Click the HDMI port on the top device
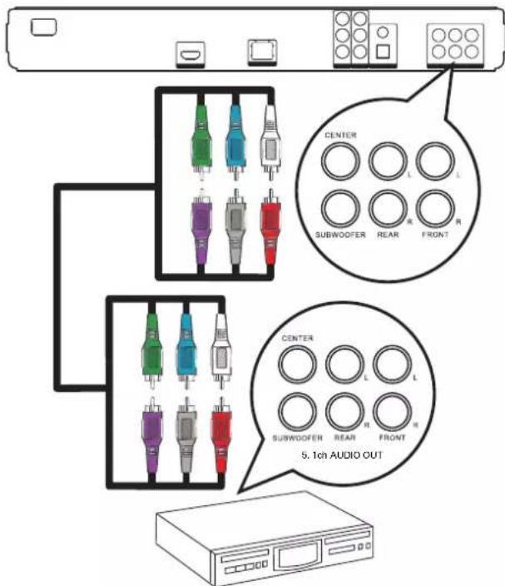(191, 55)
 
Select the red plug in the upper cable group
(270, 227)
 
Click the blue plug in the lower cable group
(186, 350)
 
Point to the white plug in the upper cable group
(270, 142)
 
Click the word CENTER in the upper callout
(340, 135)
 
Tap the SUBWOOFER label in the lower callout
(297, 438)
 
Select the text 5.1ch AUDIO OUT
(342, 455)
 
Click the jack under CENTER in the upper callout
(340, 161)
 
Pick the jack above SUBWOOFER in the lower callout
(298, 411)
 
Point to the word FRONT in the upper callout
(435, 235)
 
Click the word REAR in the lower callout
(344, 438)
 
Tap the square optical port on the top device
(383, 52)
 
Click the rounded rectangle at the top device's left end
(44, 27)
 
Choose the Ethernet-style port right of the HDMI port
(262, 52)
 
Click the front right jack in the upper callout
(435, 209)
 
